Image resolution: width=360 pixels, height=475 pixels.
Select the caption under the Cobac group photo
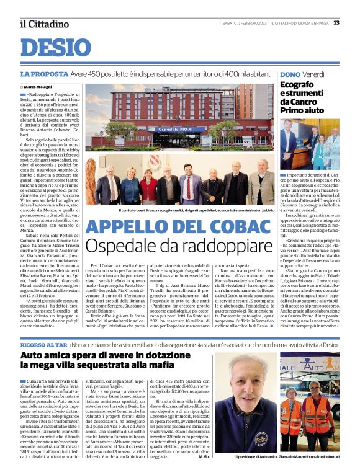[x=184, y=211]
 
